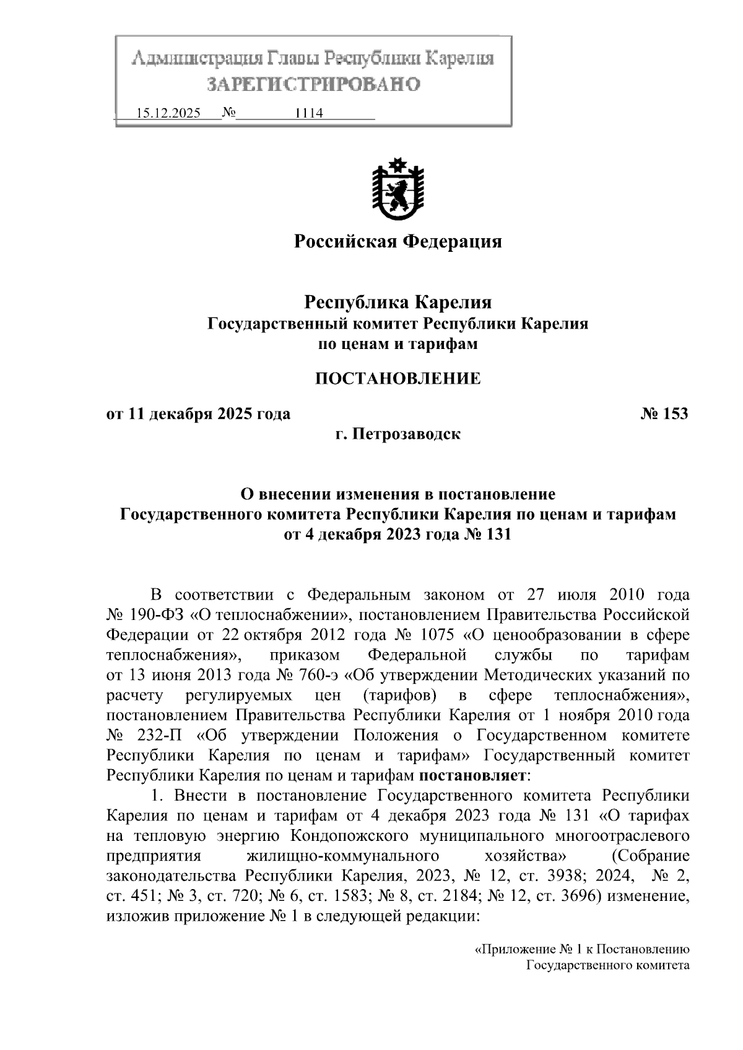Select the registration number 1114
309,113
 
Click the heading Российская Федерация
398,241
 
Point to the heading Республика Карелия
398,303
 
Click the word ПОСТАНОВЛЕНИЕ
398,379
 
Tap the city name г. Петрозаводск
398,434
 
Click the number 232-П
161,735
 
